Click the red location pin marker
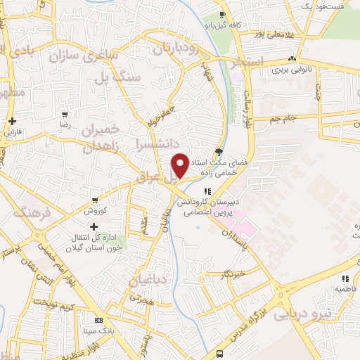tap(180, 165)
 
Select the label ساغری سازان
tap(82, 56)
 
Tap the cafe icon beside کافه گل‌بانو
tap(222, 15)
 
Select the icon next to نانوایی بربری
tap(292, 59)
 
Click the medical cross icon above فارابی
tap(13, 121)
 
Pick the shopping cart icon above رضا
tap(65, 114)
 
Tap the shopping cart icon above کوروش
tap(94, 201)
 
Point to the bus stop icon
tap(221, 353)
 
